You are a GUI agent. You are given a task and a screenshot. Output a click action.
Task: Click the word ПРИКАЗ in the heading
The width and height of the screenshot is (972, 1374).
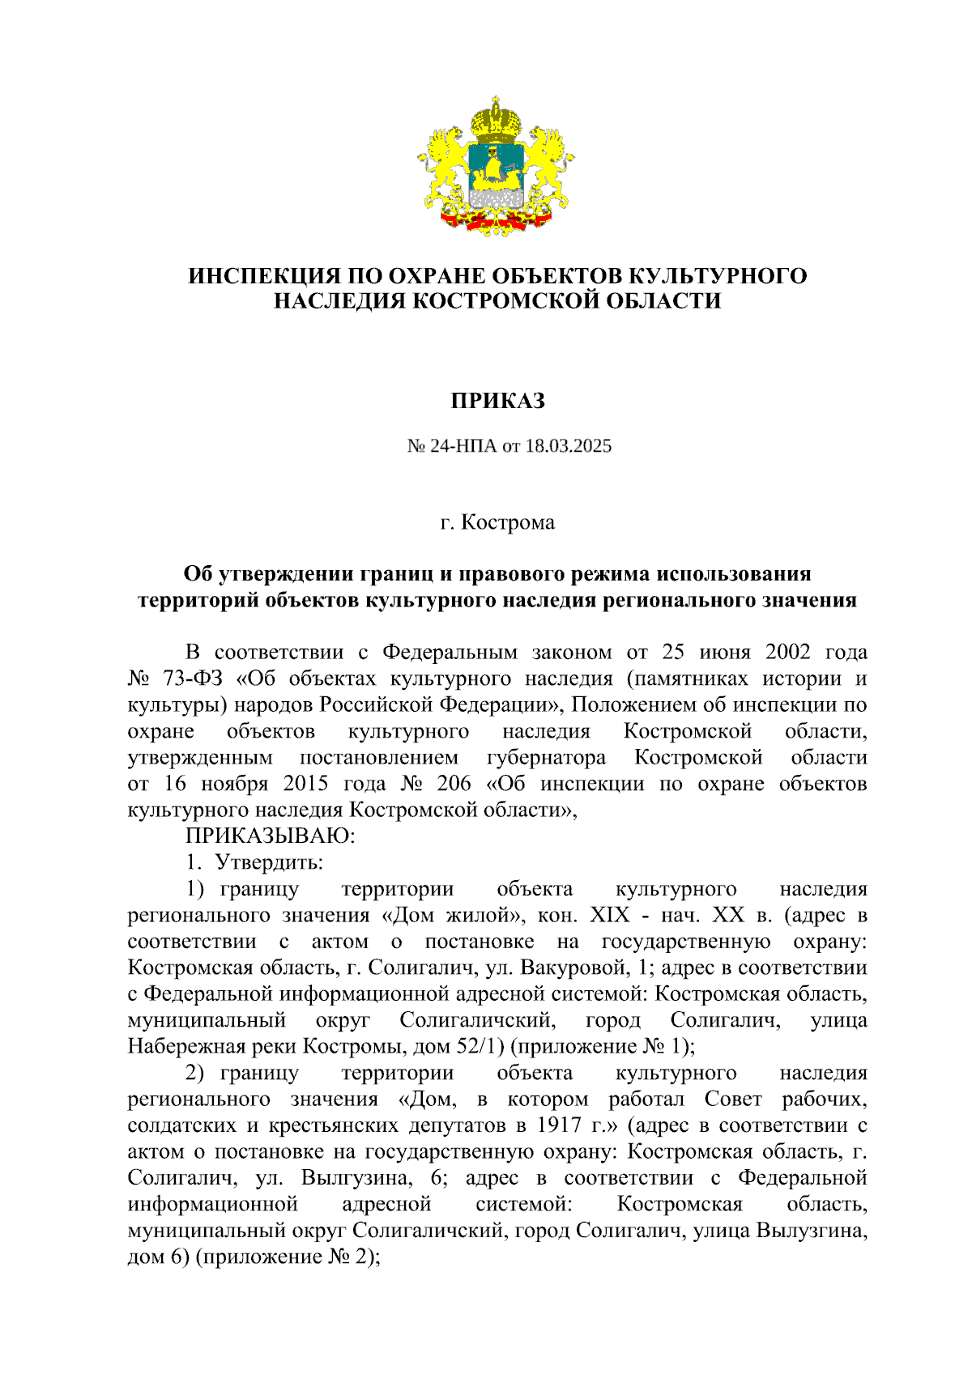tap(497, 401)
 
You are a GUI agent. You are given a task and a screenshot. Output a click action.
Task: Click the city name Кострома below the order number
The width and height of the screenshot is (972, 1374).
tap(508, 522)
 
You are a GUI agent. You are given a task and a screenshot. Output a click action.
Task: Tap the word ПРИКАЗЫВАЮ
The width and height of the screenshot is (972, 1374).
tap(270, 836)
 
